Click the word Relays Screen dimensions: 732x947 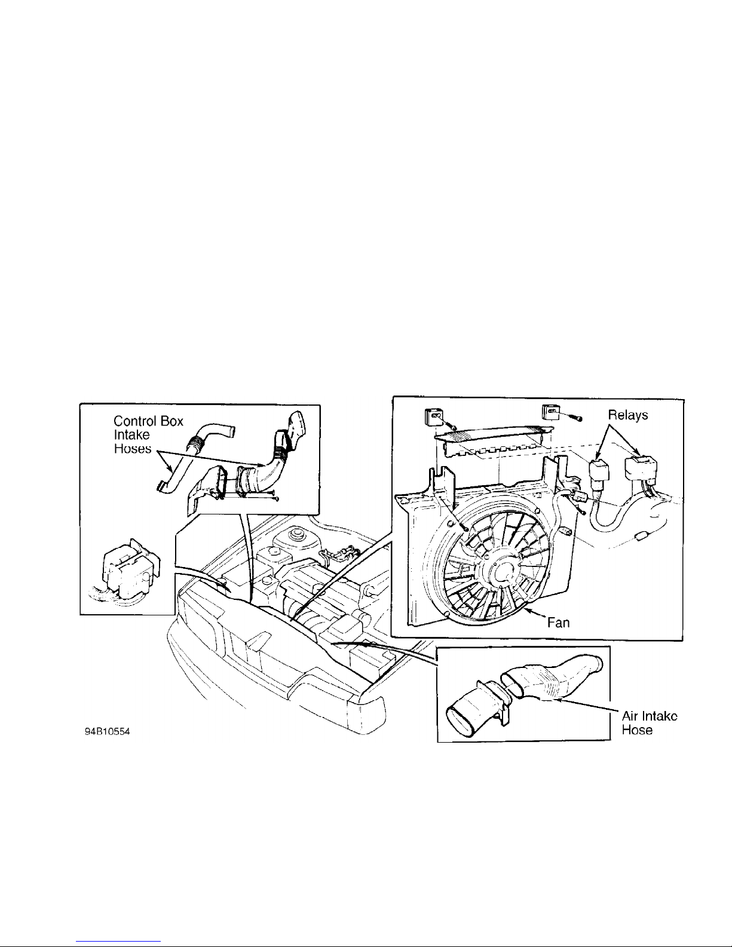click(628, 415)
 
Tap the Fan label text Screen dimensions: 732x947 click(559, 623)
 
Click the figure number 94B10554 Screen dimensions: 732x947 click(107, 732)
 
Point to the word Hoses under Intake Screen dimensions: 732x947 click(133, 449)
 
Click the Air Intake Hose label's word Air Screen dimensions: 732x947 click(630, 716)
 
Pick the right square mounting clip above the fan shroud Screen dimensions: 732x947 click(550, 412)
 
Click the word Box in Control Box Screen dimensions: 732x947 click(173, 421)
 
